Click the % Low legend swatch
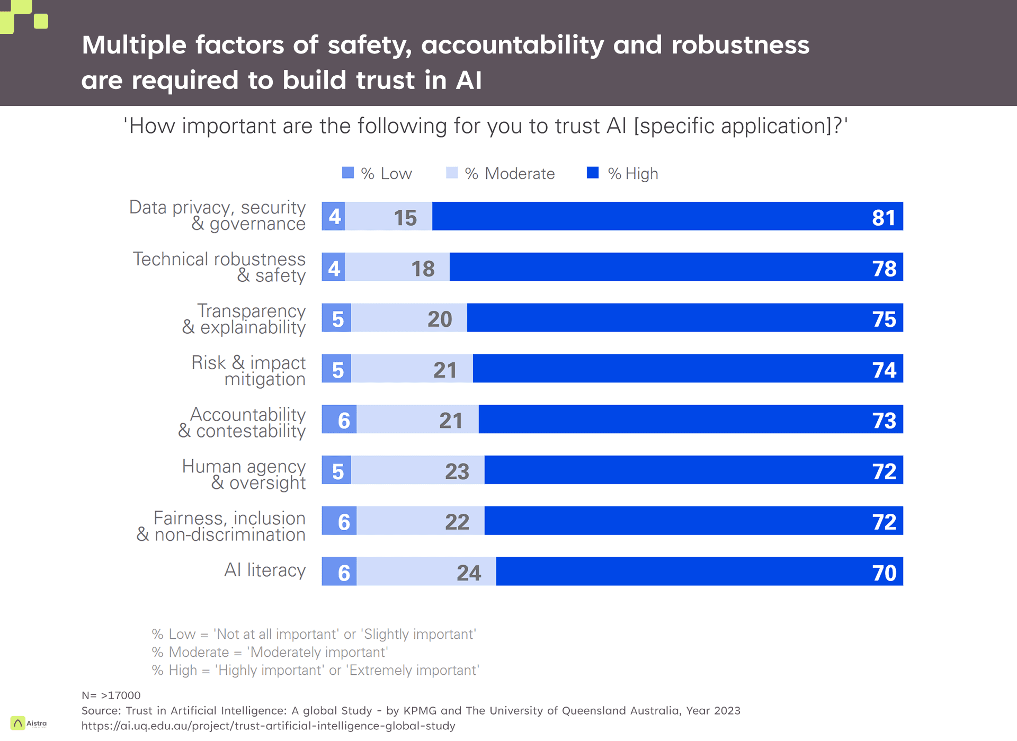pos(348,173)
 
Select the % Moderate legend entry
pos(501,174)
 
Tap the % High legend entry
pos(623,174)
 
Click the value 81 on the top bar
pos(884,218)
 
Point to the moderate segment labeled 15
pos(405,218)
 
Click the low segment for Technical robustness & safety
pos(334,268)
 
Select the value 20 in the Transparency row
pos(440,319)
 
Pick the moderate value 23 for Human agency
pos(457,471)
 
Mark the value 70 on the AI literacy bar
pos(884,573)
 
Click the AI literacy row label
pos(265,570)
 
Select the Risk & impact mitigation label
pos(248,371)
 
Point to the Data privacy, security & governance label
pos(217,216)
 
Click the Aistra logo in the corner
pos(29,723)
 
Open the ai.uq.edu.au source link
pos(268,726)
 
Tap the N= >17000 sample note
pos(111,695)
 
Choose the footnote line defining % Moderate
pos(270,652)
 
